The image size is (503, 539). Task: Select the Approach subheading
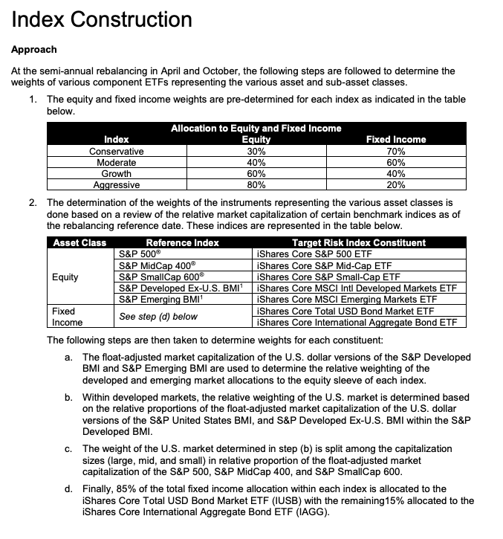(x=33, y=50)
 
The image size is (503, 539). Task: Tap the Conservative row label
(x=116, y=151)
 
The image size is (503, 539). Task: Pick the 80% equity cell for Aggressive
(x=256, y=185)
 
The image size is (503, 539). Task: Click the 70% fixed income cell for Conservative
(x=396, y=151)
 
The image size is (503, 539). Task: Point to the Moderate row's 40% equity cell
(x=256, y=162)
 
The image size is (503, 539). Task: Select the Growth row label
(x=116, y=174)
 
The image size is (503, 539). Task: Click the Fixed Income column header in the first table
(x=396, y=139)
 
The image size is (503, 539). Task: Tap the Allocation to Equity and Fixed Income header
(x=256, y=128)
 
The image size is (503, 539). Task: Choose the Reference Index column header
(x=182, y=242)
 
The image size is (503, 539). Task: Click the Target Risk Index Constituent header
(x=359, y=242)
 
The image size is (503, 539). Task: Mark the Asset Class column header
(x=79, y=242)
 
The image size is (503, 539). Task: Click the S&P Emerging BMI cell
(x=163, y=300)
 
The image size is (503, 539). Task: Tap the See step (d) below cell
(x=158, y=317)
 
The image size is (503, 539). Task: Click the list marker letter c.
(x=68, y=449)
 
